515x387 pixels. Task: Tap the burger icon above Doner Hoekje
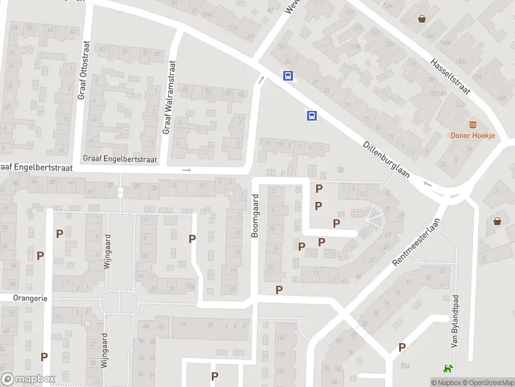point(473,124)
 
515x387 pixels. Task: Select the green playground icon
point(447,369)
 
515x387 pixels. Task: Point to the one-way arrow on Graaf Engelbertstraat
point(187,170)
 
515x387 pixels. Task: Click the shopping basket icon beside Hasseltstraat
point(422,19)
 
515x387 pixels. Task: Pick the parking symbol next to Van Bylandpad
point(402,347)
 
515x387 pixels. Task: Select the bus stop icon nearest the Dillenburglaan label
point(312,115)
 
